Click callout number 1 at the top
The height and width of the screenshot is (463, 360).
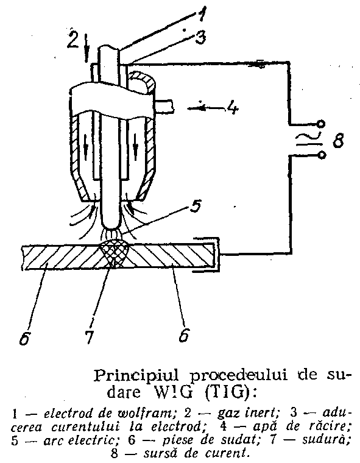(x=201, y=14)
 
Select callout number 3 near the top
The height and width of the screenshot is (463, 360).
(x=200, y=37)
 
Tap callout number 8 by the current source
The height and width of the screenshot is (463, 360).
(x=338, y=140)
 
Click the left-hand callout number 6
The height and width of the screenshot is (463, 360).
(x=24, y=338)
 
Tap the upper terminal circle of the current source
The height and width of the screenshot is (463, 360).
(x=322, y=124)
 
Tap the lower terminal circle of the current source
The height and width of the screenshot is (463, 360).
(x=322, y=155)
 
